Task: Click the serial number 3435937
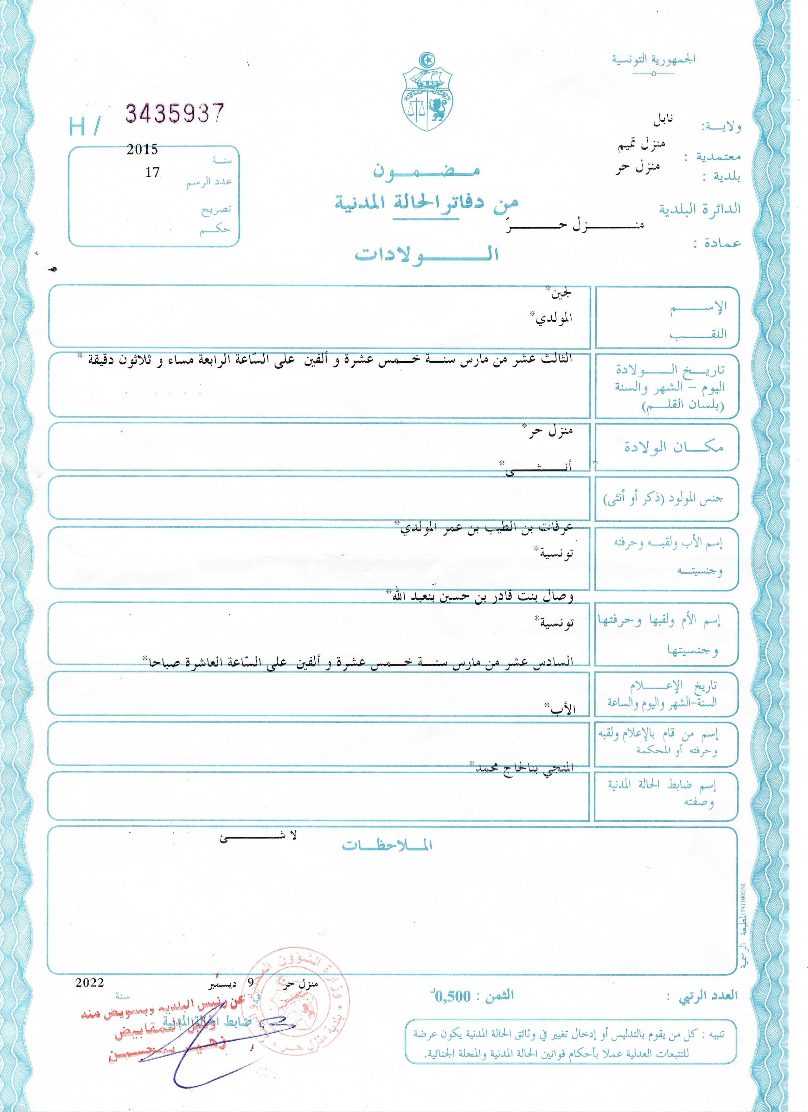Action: (175, 114)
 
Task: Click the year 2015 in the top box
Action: (142, 150)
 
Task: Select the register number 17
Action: (152, 172)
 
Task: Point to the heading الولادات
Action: (426, 254)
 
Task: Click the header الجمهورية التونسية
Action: (653, 60)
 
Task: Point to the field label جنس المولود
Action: (663, 499)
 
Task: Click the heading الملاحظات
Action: (387, 845)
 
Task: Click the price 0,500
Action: (453, 997)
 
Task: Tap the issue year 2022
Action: (90, 982)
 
